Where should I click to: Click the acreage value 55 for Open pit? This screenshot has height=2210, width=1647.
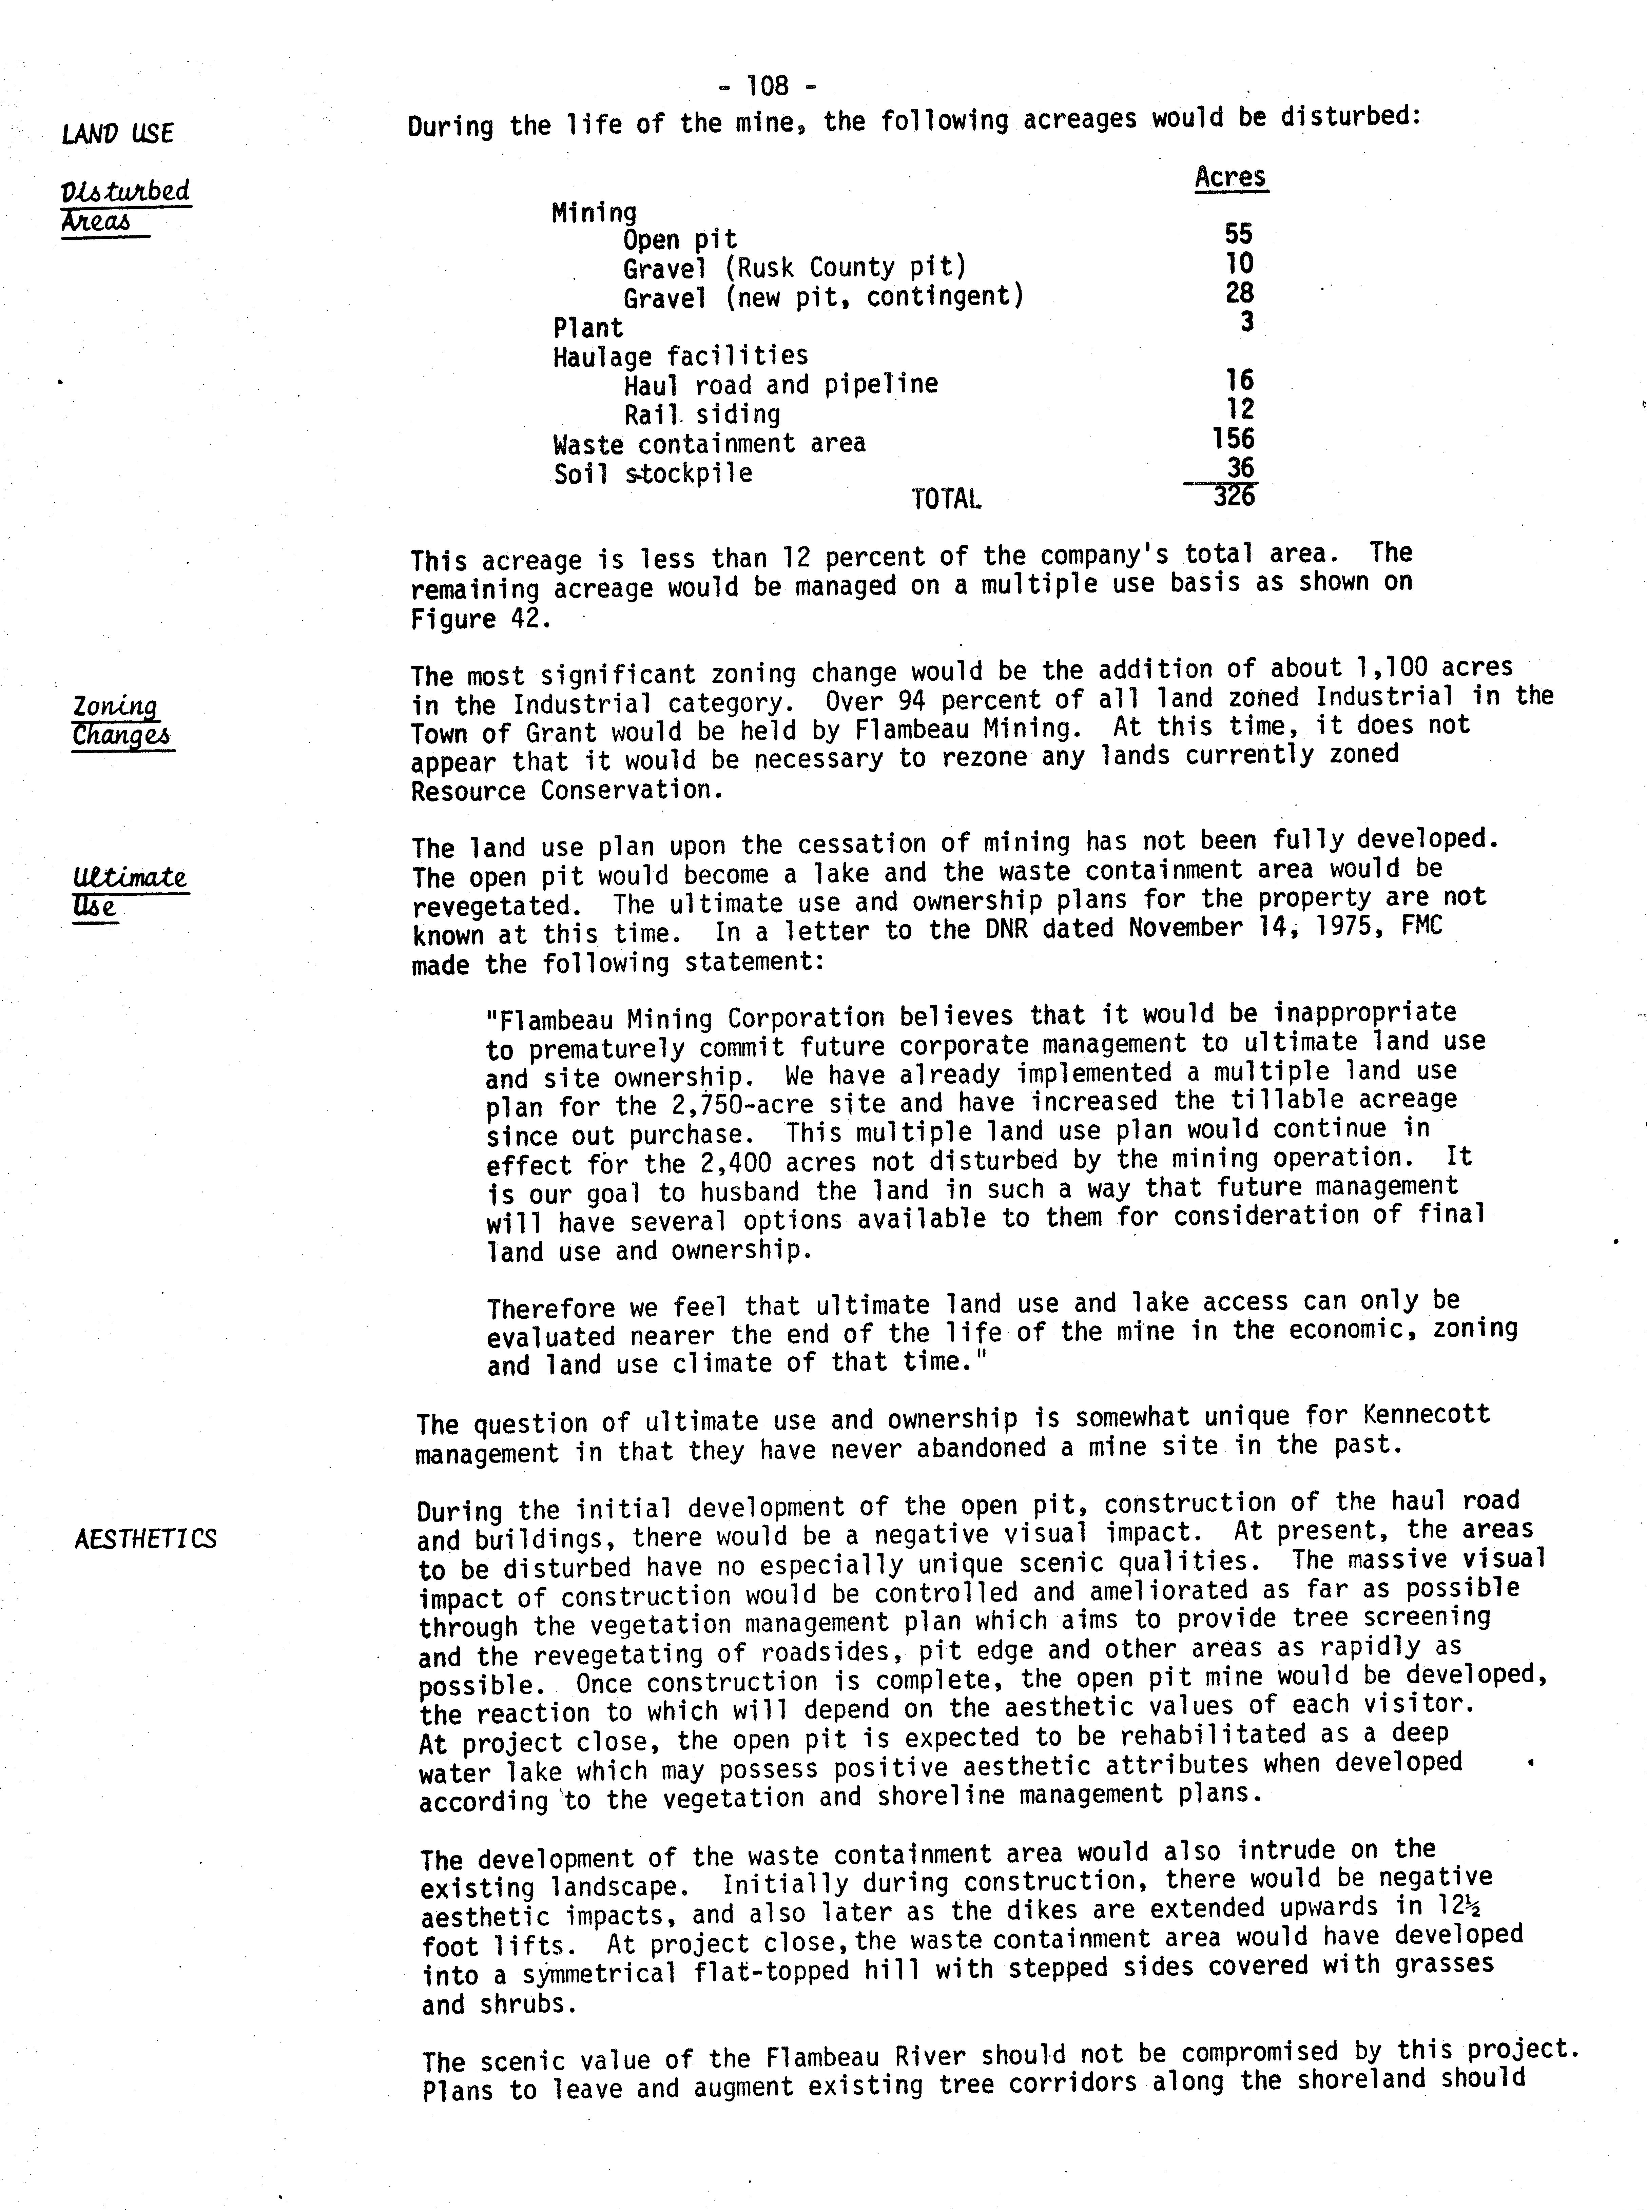point(1238,234)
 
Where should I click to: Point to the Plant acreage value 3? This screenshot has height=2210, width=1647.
point(1246,322)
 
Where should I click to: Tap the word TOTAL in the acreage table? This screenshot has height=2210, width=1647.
point(945,499)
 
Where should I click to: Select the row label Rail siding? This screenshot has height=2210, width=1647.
point(702,414)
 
